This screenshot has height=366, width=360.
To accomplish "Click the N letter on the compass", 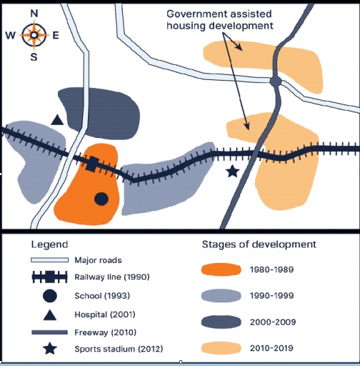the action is point(34,14).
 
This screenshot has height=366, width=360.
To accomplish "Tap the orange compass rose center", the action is point(34,35).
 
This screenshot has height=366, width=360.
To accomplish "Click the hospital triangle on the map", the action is point(57,120).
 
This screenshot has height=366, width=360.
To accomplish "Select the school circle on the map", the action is point(101,199).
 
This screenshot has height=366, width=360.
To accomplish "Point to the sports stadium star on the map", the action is point(233,172).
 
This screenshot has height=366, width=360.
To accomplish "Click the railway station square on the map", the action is point(92,164).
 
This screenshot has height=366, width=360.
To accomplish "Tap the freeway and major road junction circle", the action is point(276,81).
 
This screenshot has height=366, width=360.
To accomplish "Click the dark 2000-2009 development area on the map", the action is point(102,112).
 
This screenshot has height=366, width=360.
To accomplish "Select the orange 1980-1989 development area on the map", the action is point(88,188).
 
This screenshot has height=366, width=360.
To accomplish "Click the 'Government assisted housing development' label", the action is point(219,20).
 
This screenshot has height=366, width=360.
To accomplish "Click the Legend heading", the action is point(49,245).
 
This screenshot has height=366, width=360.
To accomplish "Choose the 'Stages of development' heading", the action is point(259,244).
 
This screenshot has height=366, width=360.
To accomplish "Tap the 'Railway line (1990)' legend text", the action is point(112,277).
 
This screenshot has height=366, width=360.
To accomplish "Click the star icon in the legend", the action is point(50,349).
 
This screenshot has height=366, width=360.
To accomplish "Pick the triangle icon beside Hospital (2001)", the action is point(50,315).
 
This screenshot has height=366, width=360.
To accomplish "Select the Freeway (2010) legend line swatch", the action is point(49,332).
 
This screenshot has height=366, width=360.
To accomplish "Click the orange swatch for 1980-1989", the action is point(221,269).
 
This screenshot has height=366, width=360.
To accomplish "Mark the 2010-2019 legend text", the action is point(271,348).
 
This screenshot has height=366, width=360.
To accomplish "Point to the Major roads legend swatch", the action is point(49,260).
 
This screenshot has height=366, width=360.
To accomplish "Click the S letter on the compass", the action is point(34,57).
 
